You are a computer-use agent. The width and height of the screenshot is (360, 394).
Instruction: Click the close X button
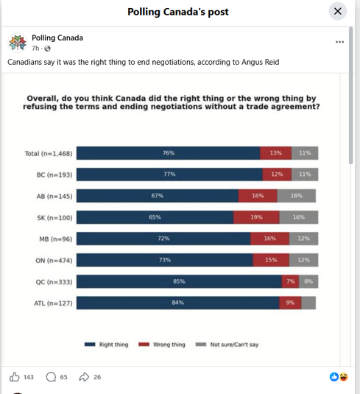[x=338, y=11]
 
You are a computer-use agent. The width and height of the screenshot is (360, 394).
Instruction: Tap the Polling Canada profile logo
[x=18, y=43]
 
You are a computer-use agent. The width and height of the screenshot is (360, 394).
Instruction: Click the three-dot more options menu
[x=339, y=42]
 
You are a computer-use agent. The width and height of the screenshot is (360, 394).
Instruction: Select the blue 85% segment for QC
[x=179, y=281]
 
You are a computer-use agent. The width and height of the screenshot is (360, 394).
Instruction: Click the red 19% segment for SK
[x=256, y=217]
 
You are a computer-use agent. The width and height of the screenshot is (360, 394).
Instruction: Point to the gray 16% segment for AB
[x=297, y=196]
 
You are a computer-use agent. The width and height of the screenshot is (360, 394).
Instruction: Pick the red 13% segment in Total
[x=276, y=153]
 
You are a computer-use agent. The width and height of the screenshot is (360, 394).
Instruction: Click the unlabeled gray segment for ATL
[x=308, y=303]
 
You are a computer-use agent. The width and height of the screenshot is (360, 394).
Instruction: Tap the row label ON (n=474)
[x=54, y=260]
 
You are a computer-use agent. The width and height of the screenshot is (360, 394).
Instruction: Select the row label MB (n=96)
[x=55, y=239]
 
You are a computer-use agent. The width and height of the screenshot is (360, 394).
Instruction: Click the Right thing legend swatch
[x=90, y=344]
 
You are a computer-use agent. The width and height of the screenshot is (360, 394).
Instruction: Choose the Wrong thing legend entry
[x=162, y=344]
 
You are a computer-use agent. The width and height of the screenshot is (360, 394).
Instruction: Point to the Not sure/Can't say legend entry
[x=227, y=344]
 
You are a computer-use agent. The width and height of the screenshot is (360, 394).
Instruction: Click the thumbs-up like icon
[x=14, y=377]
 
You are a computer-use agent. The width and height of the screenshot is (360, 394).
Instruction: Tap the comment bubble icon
[x=51, y=377]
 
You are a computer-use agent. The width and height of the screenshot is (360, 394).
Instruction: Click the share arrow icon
[x=84, y=377]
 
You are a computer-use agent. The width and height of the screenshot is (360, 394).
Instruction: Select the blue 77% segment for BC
[x=169, y=175]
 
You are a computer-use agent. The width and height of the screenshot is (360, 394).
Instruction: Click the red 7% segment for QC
[x=290, y=281]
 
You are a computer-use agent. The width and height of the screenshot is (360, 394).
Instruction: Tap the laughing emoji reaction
[x=344, y=377]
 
